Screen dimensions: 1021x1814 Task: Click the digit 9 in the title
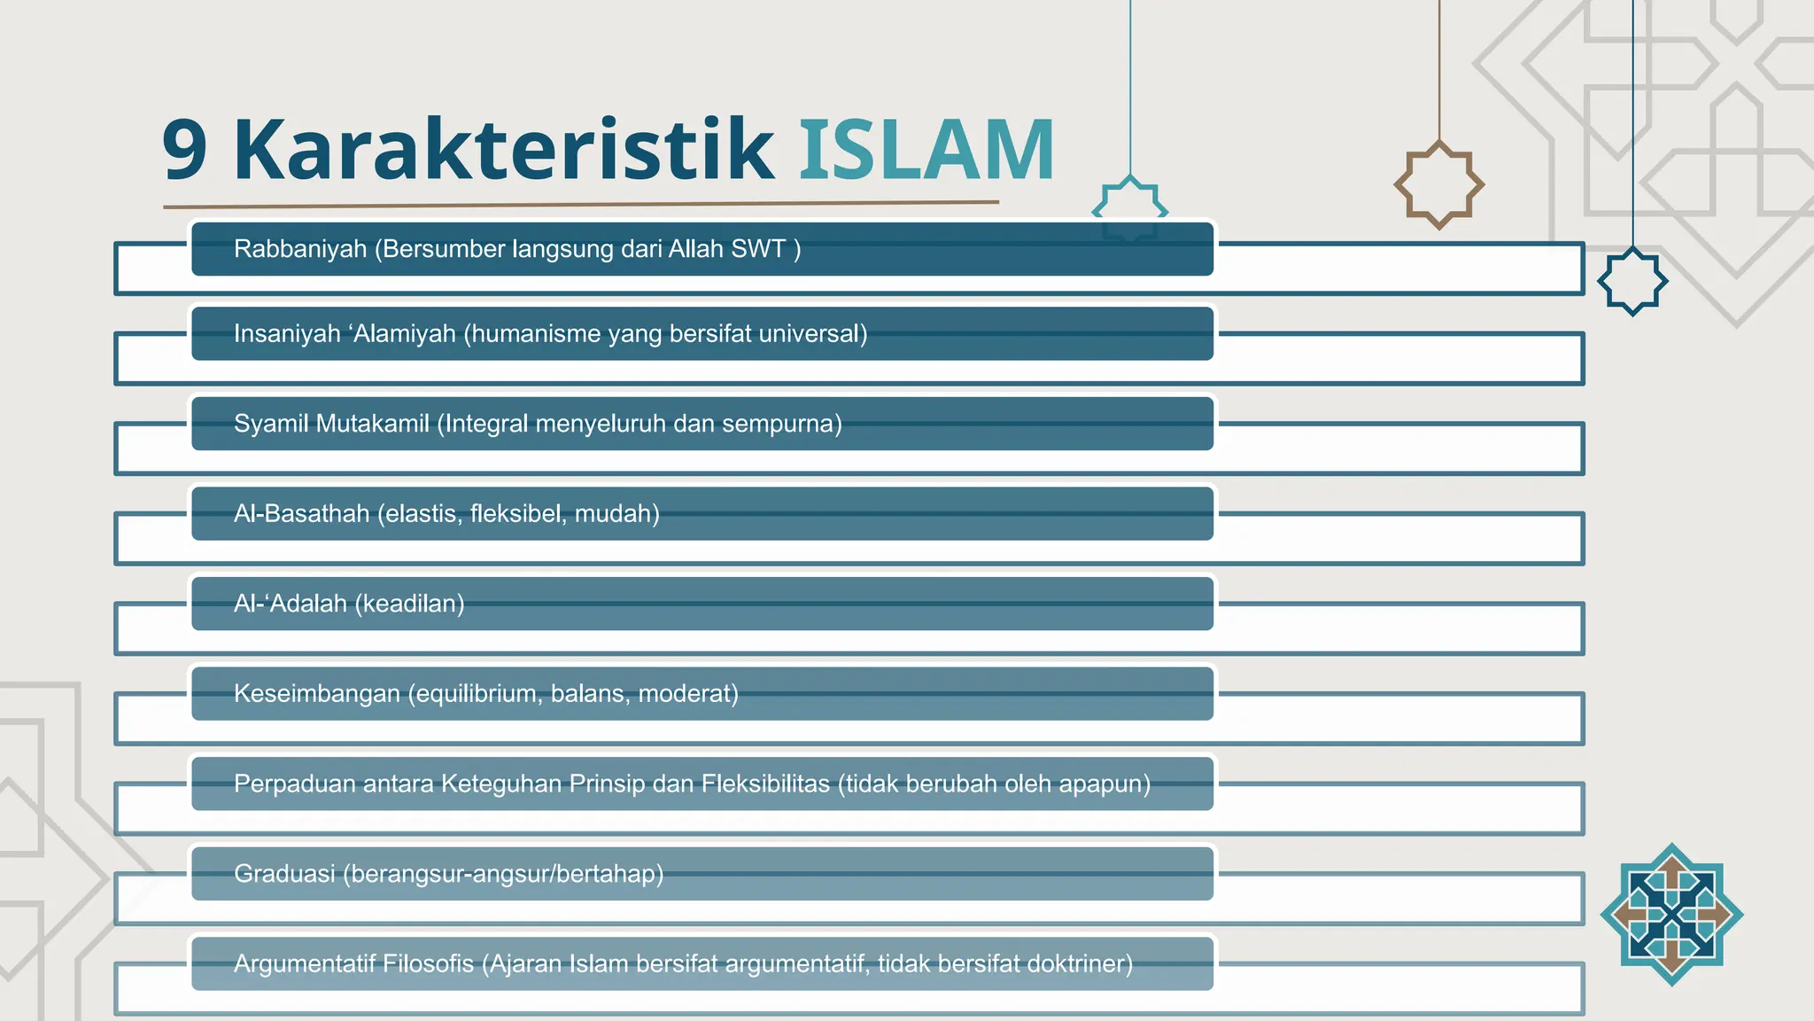pos(185,151)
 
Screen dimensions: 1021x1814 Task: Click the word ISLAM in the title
pos(926,151)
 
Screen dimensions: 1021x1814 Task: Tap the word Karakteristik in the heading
pos(503,151)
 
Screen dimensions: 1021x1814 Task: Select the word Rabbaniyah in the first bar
pos(300,249)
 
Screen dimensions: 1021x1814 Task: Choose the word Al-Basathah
pos(301,514)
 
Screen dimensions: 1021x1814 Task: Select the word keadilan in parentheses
pos(409,604)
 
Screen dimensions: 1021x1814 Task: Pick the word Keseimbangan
pos(316,693)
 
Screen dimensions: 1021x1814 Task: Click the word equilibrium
pos(475,693)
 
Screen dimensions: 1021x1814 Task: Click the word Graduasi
pos(284,874)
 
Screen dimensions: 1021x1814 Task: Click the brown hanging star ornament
pos(1438,184)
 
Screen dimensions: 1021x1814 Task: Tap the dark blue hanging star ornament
pos(1632,281)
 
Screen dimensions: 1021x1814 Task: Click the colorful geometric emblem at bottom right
pos(1671,914)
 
